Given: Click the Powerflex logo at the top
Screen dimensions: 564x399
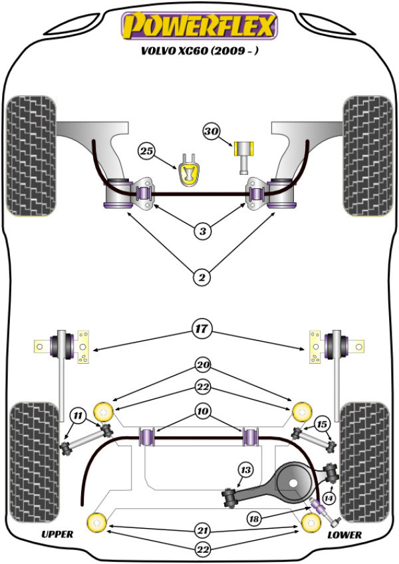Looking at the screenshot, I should coord(198,26).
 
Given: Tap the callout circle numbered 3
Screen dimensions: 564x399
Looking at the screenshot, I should coord(201,231).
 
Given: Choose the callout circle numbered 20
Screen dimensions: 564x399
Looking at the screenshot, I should coord(201,364).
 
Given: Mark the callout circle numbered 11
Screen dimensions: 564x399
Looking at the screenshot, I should coord(79,418).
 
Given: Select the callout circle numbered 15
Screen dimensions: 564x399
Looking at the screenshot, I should coord(322,424).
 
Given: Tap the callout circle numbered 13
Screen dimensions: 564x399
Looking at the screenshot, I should coord(246,471).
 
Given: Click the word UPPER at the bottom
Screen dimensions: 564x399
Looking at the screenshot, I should coord(57,534).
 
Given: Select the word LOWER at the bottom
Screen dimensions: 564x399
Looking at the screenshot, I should coord(344,534).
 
